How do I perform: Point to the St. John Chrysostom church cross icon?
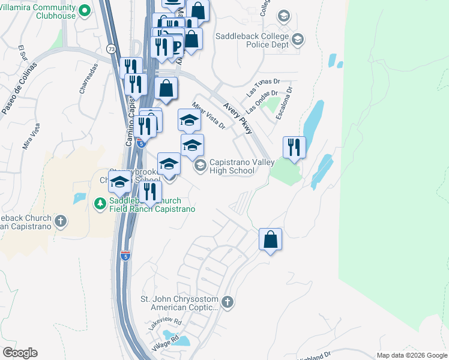(x=227, y=302)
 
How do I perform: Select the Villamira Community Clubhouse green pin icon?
(x=85, y=10)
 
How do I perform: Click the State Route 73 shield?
(x=111, y=50)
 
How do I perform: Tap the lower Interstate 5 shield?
(x=125, y=256)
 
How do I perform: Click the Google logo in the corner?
(x=20, y=352)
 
